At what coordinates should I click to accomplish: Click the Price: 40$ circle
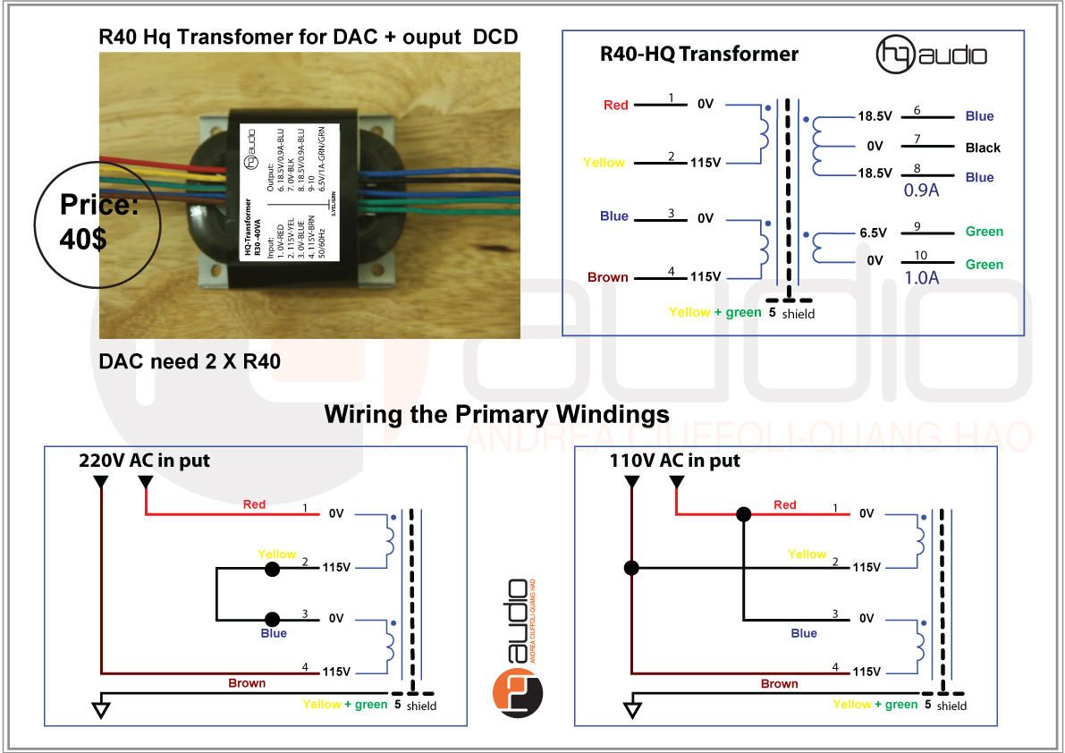tap(97, 224)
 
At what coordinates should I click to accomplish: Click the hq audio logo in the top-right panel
tap(931, 55)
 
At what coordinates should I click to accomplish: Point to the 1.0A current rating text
tap(921, 277)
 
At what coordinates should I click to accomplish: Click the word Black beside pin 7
tap(983, 148)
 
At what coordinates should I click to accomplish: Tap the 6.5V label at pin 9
tap(873, 233)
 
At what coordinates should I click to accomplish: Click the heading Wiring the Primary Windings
tap(496, 415)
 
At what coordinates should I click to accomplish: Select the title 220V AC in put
tap(144, 461)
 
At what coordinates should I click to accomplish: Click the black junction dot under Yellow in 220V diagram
tap(272, 568)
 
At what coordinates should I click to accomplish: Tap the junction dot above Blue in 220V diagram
tap(272, 619)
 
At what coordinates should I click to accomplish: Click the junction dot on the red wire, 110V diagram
tap(742, 514)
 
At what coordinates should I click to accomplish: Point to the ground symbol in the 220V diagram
tap(101, 709)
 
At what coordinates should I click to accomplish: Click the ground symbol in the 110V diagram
tap(632, 709)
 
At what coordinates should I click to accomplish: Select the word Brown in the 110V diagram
tap(779, 684)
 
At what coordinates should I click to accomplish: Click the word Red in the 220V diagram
tap(254, 504)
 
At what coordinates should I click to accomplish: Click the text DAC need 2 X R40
tap(190, 362)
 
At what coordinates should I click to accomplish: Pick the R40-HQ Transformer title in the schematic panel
tap(698, 54)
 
